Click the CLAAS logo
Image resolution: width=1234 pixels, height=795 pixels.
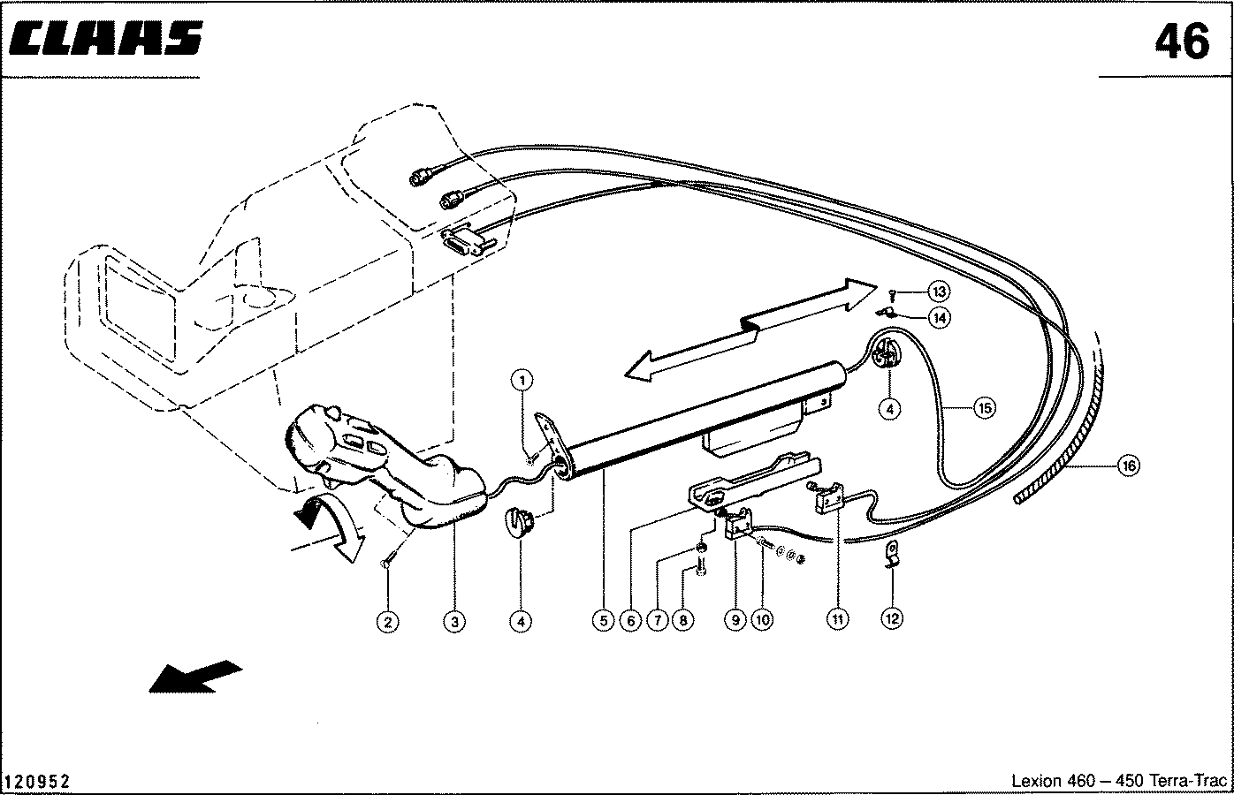[x=106, y=39]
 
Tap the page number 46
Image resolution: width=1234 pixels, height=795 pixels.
[x=1182, y=42]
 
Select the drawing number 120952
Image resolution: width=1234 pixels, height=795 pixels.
[x=37, y=782]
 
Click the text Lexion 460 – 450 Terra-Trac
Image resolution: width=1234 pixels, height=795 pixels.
[x=1119, y=781]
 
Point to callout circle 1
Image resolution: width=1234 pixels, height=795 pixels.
[x=522, y=380]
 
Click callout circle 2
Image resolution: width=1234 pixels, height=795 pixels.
[x=388, y=622]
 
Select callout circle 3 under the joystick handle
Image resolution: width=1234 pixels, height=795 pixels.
[x=454, y=622]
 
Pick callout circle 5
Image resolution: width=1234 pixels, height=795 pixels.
[x=603, y=621]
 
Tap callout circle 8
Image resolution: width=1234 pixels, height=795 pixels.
[x=683, y=620]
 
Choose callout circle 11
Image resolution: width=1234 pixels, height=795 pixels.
[x=837, y=619]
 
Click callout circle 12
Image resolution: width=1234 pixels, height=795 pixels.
[x=892, y=618]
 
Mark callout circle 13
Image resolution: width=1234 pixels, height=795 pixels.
[x=939, y=291]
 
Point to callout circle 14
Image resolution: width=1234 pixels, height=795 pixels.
[x=940, y=318]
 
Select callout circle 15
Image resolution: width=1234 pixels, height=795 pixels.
[x=985, y=408]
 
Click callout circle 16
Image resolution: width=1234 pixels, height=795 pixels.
[x=1130, y=466]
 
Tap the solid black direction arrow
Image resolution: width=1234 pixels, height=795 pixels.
[x=195, y=676]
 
